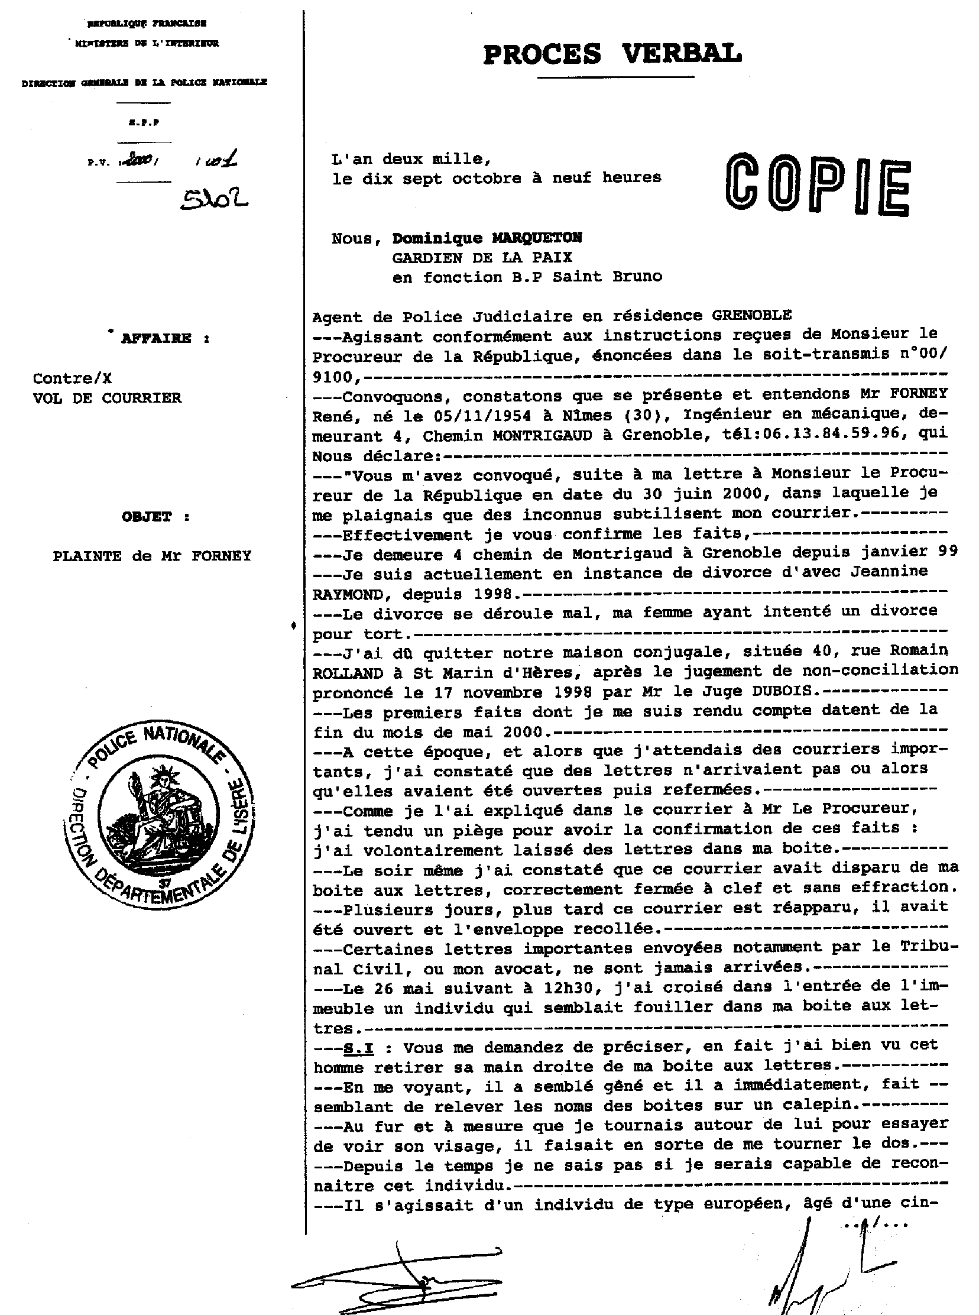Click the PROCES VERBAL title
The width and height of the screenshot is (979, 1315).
[x=613, y=54]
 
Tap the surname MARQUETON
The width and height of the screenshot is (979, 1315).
[x=537, y=238]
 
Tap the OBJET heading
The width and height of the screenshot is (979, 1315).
[x=147, y=517]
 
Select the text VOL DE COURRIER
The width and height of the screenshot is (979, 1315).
[x=107, y=399]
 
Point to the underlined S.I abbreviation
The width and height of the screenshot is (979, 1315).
[x=358, y=1048]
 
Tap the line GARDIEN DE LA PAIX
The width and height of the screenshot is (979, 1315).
[x=482, y=258]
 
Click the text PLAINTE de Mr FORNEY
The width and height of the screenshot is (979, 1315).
[x=153, y=556]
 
